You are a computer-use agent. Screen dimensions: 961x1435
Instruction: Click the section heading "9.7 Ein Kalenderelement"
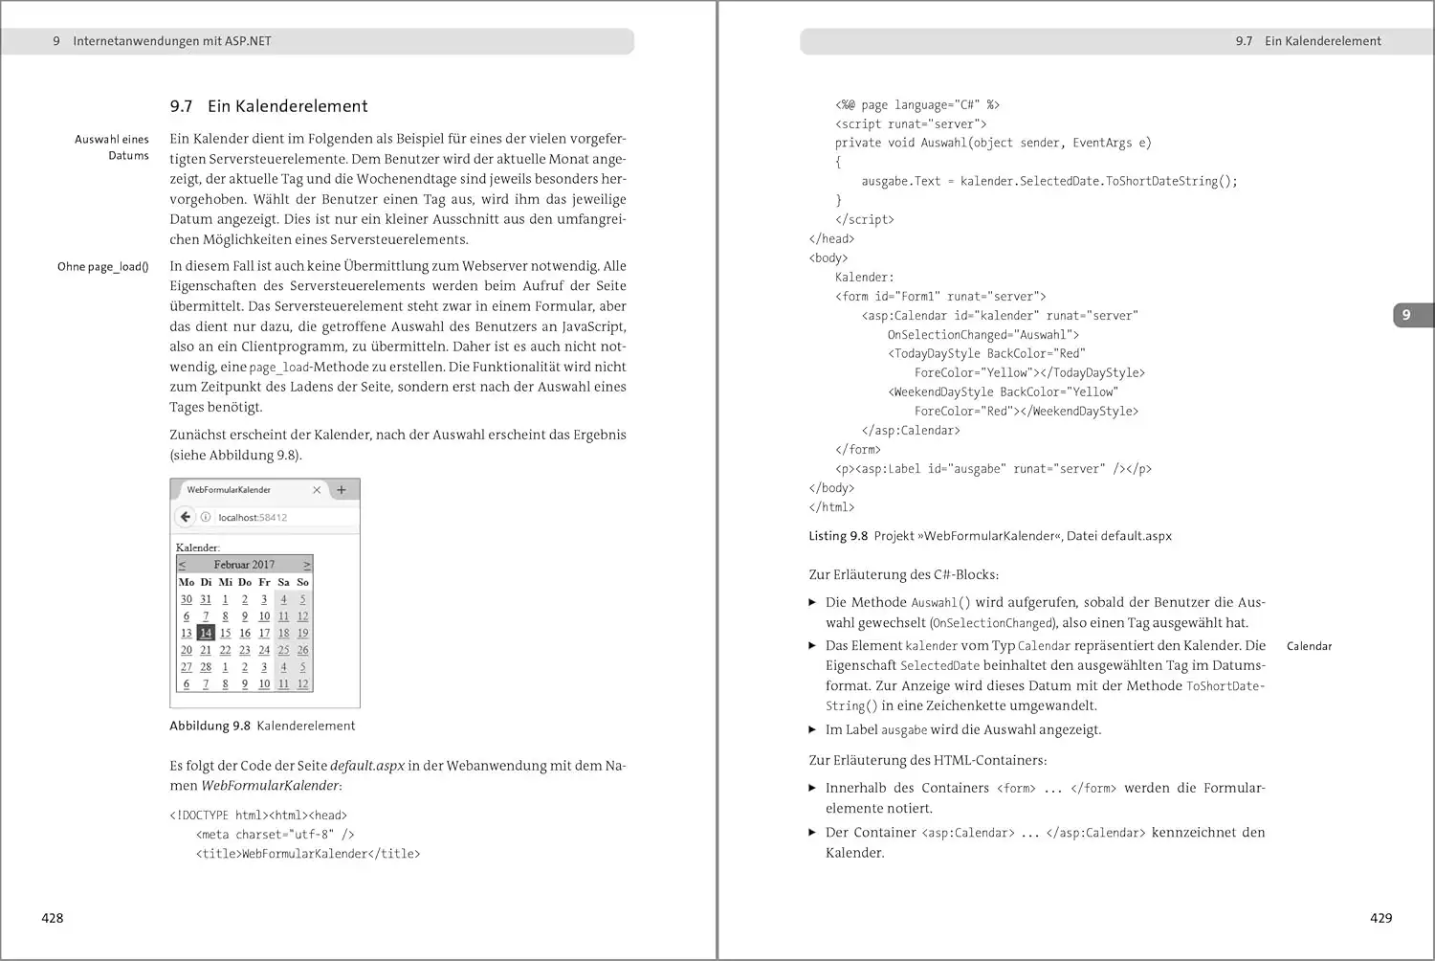(x=269, y=106)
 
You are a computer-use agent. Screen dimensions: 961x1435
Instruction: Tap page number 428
(x=53, y=918)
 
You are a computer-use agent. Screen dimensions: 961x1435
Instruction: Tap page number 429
(x=1380, y=918)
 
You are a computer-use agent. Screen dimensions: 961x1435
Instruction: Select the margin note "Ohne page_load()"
(x=102, y=267)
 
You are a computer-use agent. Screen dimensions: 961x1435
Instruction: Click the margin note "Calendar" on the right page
(x=1309, y=646)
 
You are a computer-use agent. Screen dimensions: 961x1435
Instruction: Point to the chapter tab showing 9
(x=1405, y=315)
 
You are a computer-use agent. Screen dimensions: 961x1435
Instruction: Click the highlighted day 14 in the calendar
(x=206, y=633)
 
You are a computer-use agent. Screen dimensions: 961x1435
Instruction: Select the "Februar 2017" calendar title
(x=244, y=565)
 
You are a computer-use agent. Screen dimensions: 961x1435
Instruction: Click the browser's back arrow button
(x=186, y=517)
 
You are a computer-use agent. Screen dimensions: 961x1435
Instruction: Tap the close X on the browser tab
(x=317, y=490)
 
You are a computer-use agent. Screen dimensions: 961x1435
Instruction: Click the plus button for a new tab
(x=342, y=490)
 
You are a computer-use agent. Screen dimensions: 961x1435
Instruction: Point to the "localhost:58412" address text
(x=253, y=518)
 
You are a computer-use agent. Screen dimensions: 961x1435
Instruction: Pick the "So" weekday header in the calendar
(x=302, y=582)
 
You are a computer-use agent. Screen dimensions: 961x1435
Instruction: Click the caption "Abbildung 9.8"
(x=210, y=726)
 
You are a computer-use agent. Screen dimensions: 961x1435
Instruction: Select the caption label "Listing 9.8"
(x=838, y=536)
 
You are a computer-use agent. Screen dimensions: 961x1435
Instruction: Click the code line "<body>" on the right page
(x=828, y=258)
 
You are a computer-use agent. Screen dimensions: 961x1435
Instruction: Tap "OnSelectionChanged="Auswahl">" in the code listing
(x=982, y=335)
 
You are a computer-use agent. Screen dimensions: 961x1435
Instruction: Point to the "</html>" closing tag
(x=831, y=507)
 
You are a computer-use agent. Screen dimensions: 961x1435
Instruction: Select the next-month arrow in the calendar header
(x=307, y=565)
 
